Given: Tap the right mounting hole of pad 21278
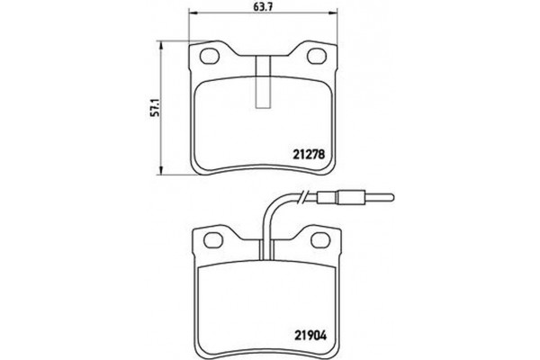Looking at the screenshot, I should point(319,58).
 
